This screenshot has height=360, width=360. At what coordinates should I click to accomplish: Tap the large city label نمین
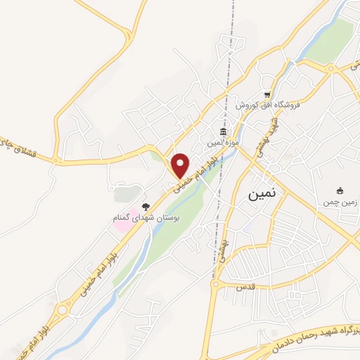click(x=262, y=195)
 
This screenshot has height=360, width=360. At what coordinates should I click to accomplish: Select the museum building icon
click(x=223, y=132)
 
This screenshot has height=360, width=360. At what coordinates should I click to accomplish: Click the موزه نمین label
click(x=223, y=143)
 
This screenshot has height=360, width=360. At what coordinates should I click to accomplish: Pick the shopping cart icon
click(x=267, y=94)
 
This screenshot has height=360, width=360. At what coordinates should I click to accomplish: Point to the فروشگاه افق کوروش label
click(x=268, y=105)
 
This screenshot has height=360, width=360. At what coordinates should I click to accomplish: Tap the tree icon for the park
click(x=146, y=207)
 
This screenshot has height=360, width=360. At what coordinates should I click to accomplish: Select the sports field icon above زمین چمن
click(x=340, y=191)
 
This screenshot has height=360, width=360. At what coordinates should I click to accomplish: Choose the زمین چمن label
click(x=340, y=202)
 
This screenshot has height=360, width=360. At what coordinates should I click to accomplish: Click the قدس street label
click(x=245, y=288)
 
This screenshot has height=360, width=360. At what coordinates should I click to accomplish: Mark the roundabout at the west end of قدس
click(x=217, y=285)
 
